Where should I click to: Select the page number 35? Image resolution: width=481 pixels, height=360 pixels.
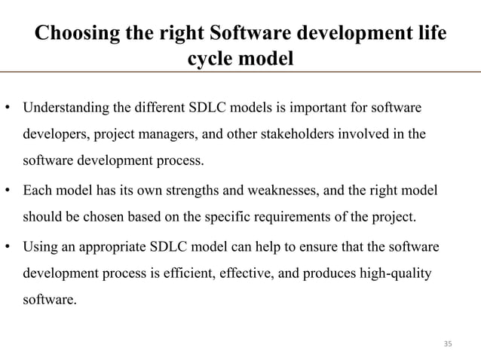448,344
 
